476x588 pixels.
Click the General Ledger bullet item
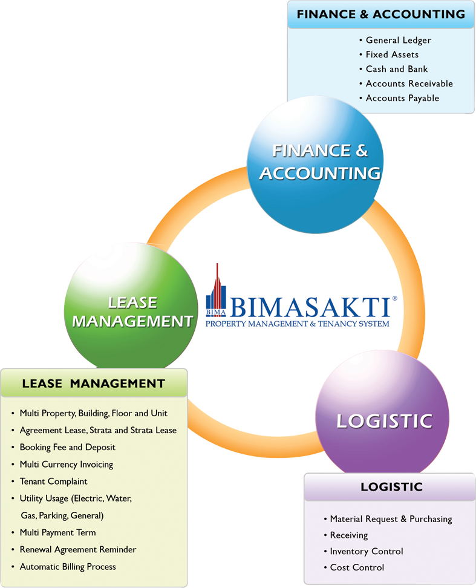tap(398, 40)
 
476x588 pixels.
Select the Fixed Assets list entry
tap(392, 54)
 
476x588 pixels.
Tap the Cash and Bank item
tap(397, 69)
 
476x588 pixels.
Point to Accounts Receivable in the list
tap(409, 83)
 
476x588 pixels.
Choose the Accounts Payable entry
tap(402, 98)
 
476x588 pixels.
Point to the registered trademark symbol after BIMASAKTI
tap(394, 298)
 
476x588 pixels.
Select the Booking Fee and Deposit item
tap(67, 447)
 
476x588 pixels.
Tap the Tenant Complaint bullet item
tap(53, 481)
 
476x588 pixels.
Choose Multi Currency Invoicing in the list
tap(66, 464)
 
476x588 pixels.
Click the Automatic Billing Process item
tap(68, 567)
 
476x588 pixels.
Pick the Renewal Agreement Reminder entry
tap(78, 549)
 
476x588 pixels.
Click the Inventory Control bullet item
tap(367, 551)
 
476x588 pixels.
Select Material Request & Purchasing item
tap(391, 519)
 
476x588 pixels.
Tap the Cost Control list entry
tap(357, 567)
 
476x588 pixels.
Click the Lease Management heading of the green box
tap(93, 383)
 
